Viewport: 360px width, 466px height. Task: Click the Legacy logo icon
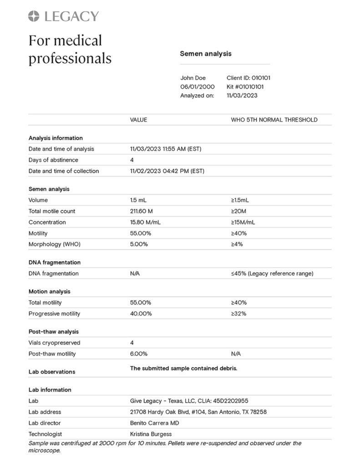pos(34,16)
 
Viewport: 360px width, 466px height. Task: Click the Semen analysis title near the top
pos(205,54)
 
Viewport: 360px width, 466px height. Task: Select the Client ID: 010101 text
pos(248,78)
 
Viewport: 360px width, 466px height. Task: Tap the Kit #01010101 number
pos(245,86)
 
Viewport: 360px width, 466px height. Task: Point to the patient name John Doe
pos(193,78)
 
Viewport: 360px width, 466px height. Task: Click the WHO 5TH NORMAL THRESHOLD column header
pos(274,120)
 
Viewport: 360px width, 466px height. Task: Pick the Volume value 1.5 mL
pos(138,200)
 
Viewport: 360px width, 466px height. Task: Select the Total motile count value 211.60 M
pos(142,211)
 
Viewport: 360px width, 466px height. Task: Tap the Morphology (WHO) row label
pos(54,244)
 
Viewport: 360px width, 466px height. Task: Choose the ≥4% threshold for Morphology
pos(237,244)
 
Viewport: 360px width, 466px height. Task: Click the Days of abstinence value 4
pos(132,160)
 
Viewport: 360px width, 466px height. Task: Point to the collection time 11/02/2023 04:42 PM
pos(167,171)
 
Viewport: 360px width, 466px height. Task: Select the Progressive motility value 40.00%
pos(141,314)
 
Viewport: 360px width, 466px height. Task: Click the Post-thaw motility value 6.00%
pos(138,354)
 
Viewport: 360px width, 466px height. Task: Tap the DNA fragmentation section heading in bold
pos(54,263)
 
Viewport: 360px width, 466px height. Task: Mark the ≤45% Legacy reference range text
pos(272,274)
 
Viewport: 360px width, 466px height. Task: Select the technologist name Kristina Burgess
pos(151,434)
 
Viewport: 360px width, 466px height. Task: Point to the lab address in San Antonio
pos(198,412)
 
